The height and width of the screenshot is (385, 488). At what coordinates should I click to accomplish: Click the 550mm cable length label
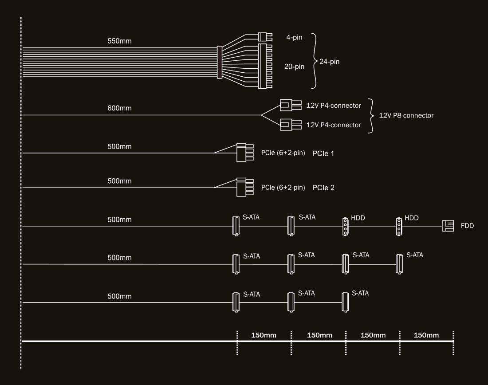tap(119, 41)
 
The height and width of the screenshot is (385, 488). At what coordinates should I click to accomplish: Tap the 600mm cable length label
tap(119, 108)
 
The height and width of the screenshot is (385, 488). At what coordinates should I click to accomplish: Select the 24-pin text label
tap(329, 62)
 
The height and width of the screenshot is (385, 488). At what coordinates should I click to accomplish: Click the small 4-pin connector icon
tap(265, 37)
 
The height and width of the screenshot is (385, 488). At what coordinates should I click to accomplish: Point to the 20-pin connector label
tap(294, 67)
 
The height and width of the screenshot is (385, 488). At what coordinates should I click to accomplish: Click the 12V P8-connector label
tap(406, 115)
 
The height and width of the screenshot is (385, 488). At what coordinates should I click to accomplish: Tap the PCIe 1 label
tap(324, 153)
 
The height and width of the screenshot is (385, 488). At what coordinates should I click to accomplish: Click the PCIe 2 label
tap(323, 188)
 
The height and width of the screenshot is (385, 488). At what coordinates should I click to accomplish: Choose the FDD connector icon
tap(449, 226)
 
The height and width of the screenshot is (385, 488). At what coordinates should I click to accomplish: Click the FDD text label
tap(468, 226)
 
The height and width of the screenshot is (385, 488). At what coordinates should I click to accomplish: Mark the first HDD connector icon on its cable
tap(345, 226)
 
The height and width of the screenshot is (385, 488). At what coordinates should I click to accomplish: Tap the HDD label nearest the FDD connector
tap(412, 218)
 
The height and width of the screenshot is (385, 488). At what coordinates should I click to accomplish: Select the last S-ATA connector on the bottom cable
tap(345, 302)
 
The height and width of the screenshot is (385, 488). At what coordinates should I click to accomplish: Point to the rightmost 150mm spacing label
tap(426, 335)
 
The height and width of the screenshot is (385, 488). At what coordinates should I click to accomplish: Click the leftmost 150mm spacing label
tap(264, 335)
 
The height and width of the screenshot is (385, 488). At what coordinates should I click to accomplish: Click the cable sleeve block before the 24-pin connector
tap(219, 63)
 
